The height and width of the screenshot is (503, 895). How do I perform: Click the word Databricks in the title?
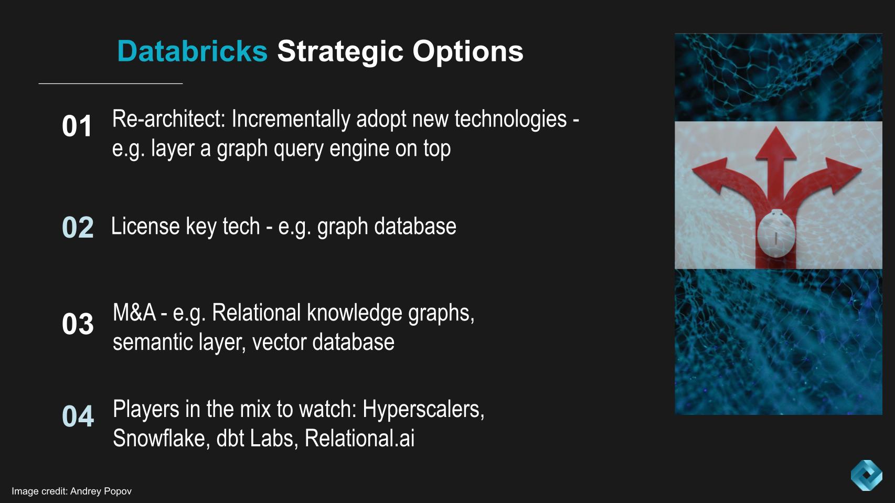coord(192,51)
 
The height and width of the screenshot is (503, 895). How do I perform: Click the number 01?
coord(77,126)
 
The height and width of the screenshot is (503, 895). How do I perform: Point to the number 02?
coord(78,227)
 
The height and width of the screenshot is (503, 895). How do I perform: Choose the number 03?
coord(78,323)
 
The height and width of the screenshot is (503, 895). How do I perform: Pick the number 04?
coord(78,416)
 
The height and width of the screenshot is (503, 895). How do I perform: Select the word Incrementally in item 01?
coord(291,120)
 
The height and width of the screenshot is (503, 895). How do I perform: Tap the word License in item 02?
coord(145,226)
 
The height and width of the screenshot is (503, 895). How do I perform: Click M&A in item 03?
coord(134,313)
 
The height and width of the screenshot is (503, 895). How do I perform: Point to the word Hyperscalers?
coord(423,410)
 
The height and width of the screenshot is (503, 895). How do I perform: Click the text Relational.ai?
coord(359,438)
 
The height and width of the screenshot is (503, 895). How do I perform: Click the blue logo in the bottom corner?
coord(866,475)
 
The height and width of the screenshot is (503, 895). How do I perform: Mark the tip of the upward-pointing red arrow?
coord(775,127)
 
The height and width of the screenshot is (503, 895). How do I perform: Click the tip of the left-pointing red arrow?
coord(692,172)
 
